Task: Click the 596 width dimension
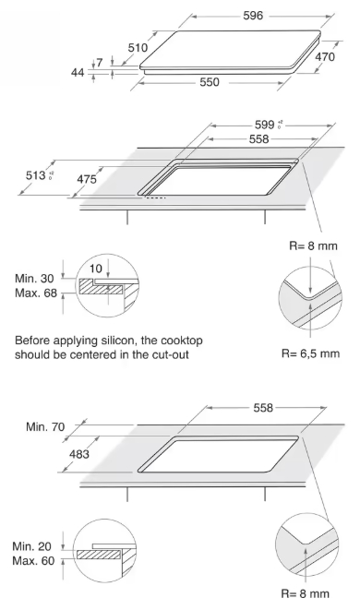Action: [x=253, y=16]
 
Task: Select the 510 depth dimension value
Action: [x=138, y=47]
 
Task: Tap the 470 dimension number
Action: [x=325, y=57]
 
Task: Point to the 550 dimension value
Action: [x=210, y=82]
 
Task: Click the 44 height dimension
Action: [x=78, y=72]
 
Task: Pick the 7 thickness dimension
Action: [x=100, y=62]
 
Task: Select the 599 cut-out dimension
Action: [x=265, y=125]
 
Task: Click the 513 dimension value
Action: [x=36, y=175]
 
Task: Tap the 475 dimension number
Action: [x=87, y=179]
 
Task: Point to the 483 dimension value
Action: [x=79, y=454]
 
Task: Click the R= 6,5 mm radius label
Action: [x=310, y=353]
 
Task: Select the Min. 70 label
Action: [x=45, y=426]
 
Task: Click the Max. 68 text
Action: [x=36, y=293]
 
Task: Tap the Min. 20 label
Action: [x=32, y=546]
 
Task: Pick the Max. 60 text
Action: [x=33, y=561]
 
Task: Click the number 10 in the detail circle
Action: [x=96, y=269]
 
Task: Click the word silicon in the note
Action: [x=119, y=341]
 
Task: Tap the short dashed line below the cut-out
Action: [x=156, y=197]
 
